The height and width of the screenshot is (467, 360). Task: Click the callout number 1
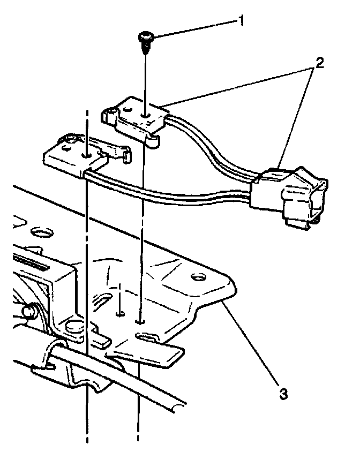pyautogui.click(x=242, y=21)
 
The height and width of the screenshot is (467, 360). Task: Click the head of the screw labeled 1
pyautogui.click(x=146, y=37)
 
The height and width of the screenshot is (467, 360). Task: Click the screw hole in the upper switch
pyautogui.click(x=146, y=114)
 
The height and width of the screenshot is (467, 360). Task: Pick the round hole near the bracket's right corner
pyautogui.click(x=198, y=277)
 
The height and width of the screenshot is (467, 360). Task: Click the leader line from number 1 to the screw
pyautogui.click(x=193, y=29)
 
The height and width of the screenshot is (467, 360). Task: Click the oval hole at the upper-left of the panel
pyautogui.click(x=41, y=232)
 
